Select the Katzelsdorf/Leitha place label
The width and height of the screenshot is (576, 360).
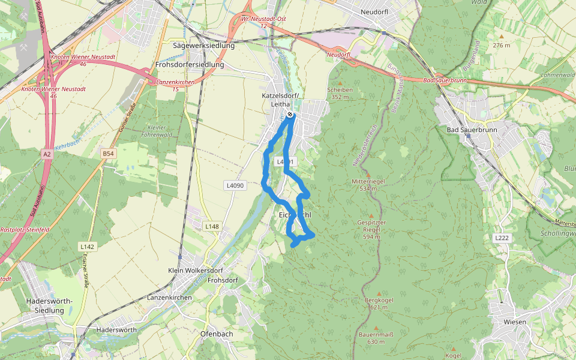(x=280, y=100)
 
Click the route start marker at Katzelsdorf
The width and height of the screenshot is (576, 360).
(x=290, y=114)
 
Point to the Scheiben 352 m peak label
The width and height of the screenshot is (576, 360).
(x=340, y=93)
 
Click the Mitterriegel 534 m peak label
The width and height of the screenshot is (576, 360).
(x=368, y=184)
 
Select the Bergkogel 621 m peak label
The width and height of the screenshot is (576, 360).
(x=378, y=304)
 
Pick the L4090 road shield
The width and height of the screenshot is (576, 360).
(x=235, y=185)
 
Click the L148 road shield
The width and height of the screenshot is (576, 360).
(x=212, y=226)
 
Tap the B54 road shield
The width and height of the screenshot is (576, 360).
(x=108, y=154)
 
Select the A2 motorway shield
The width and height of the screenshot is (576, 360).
(x=47, y=154)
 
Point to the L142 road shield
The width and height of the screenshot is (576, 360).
(x=88, y=247)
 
